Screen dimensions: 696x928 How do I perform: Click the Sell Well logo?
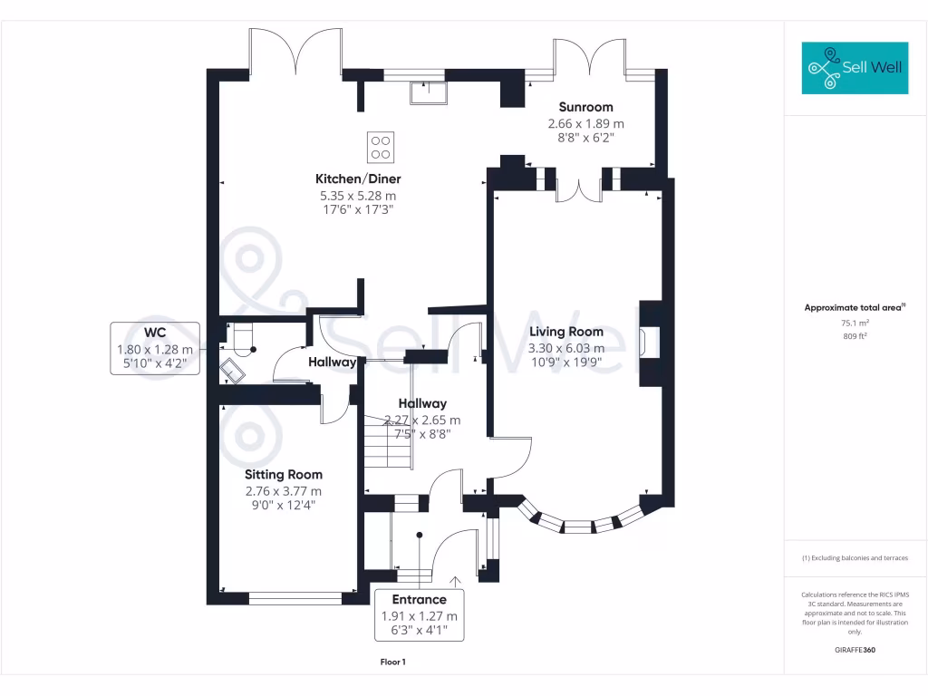coord(855,68)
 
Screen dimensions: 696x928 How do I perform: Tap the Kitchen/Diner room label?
coord(358,179)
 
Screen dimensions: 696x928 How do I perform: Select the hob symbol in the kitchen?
coord(381,146)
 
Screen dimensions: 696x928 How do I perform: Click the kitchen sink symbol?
coord(427,92)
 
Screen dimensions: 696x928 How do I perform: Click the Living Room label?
coord(566,332)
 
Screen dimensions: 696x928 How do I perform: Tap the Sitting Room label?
coord(284,475)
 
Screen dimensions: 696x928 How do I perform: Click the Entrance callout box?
coord(419,614)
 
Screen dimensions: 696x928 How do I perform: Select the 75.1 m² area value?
coord(855,323)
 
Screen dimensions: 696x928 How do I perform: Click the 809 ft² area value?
coord(855,336)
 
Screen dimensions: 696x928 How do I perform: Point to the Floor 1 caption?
coord(392,662)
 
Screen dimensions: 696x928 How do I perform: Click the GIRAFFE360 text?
coord(855,650)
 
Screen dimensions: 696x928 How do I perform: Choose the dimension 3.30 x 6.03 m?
coord(565,348)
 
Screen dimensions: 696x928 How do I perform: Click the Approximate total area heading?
coord(854,308)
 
